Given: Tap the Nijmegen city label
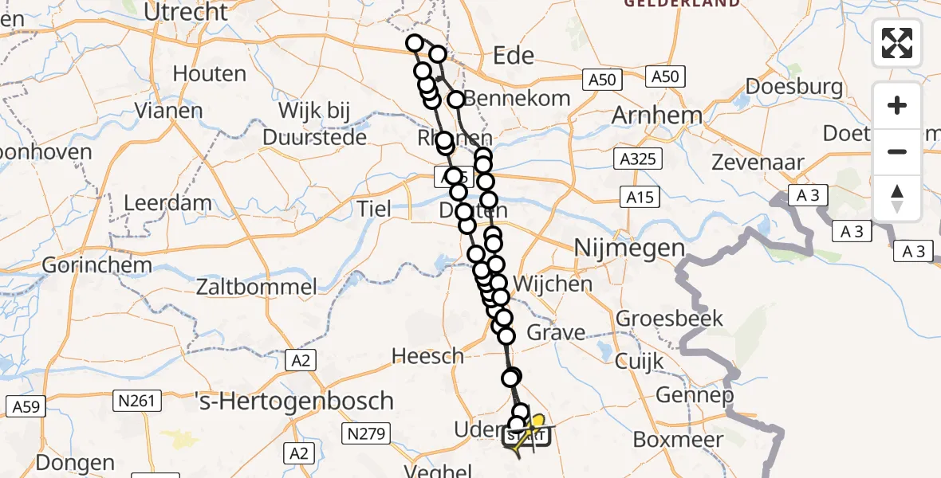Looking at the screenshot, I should coord(629,249).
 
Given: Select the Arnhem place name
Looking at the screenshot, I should coord(656,116).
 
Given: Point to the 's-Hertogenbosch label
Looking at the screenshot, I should coord(295,400).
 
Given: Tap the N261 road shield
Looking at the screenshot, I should coord(139,400).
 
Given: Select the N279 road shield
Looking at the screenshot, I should coord(366,434).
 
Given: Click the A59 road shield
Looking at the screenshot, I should coord(26,407).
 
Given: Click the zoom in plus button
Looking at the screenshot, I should coord(897,106).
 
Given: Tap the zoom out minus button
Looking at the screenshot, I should coord(897,151).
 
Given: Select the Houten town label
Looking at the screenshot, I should coord(209,74).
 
